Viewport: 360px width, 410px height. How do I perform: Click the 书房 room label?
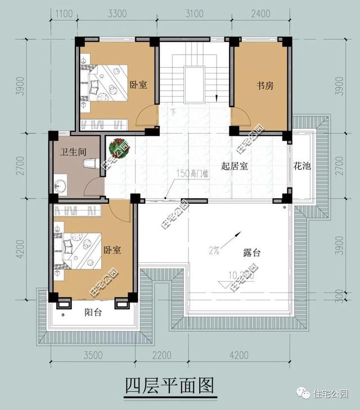265,86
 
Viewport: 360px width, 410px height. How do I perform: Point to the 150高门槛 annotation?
193,173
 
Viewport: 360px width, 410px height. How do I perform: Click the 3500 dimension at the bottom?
93,355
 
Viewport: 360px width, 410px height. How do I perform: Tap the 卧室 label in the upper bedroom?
138,85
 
